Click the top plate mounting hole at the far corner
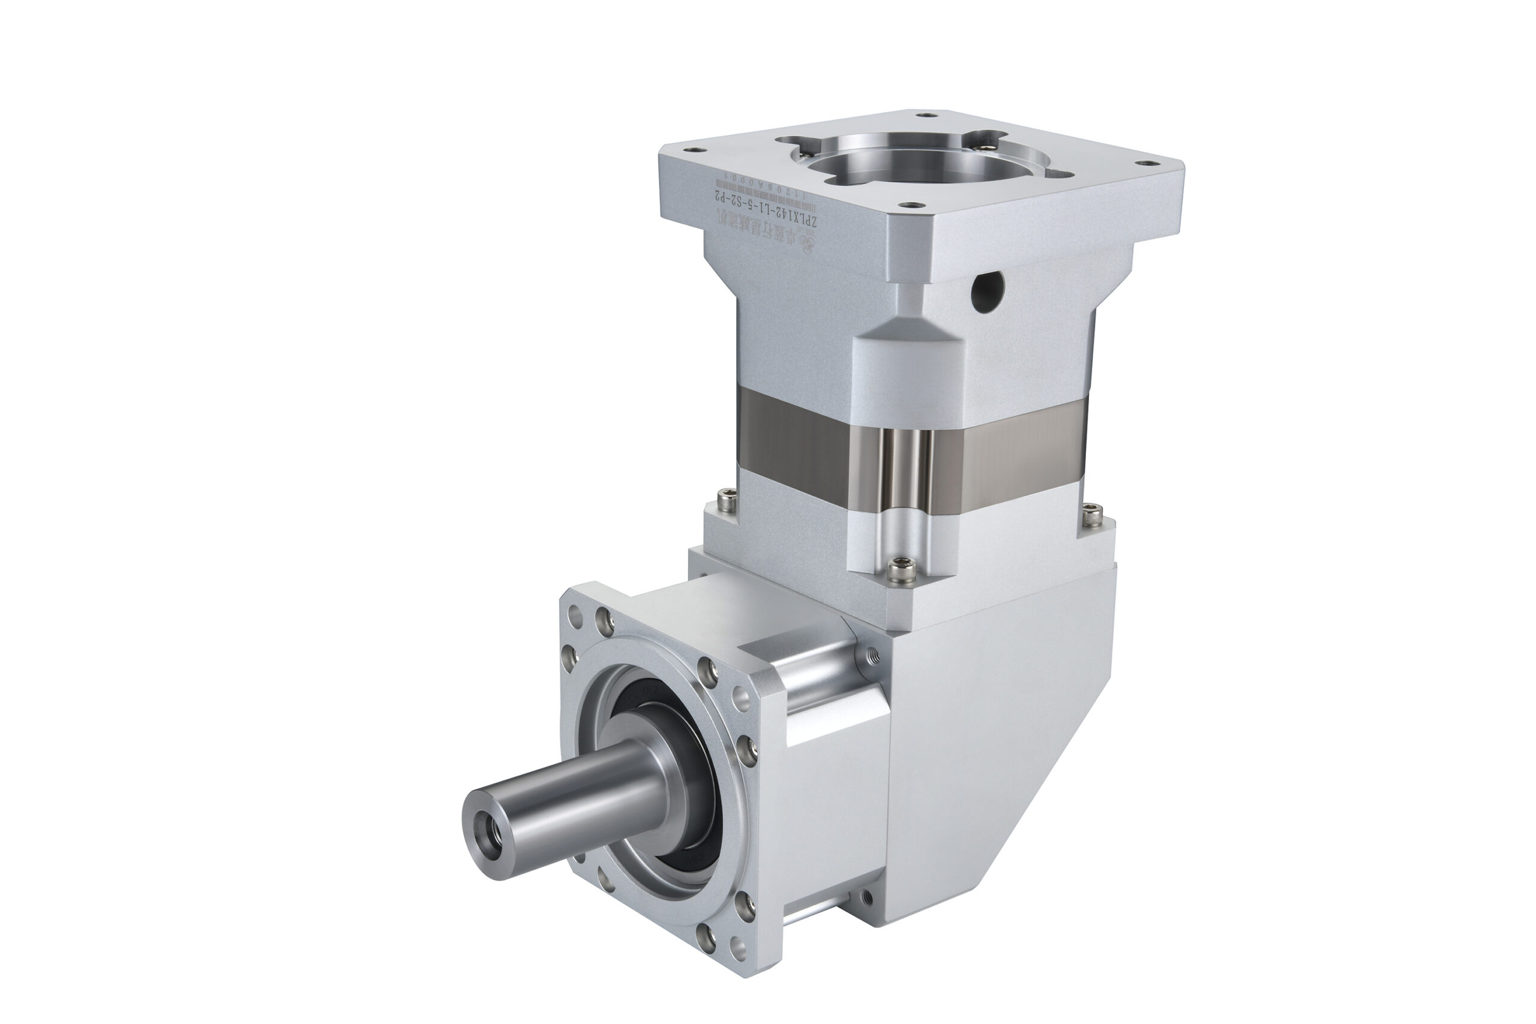926,115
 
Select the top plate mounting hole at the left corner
694,149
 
